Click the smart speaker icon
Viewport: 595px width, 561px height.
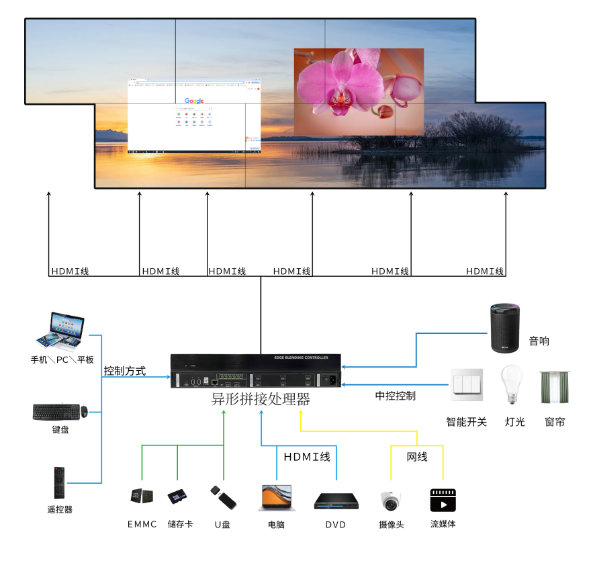504,328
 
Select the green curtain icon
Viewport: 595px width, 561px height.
555,387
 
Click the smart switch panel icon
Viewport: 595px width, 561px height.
466,385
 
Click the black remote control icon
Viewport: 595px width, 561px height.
59,483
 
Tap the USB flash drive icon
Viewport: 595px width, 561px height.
223,498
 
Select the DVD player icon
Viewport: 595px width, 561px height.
336,501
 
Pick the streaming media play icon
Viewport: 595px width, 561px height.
443,501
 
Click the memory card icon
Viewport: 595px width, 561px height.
178,497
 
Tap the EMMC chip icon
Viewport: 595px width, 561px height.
141,497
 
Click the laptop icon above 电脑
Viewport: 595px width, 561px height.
275,499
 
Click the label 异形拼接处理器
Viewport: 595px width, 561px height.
261,399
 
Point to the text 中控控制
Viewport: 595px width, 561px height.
395,396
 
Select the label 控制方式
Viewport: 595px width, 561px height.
124,371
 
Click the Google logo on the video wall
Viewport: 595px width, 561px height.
194,101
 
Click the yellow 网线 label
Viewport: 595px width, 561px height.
417,457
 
